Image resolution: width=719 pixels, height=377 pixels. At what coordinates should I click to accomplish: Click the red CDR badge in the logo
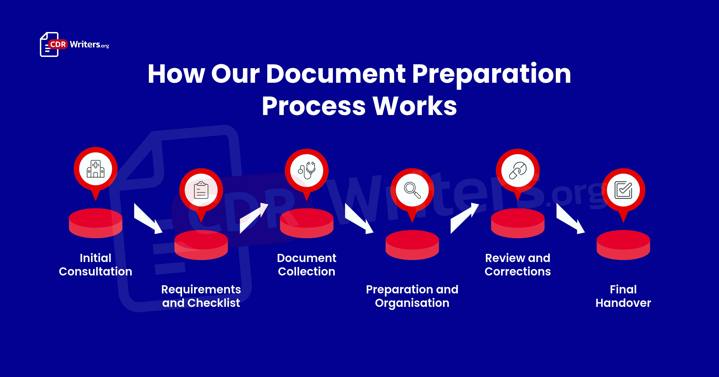tap(58, 44)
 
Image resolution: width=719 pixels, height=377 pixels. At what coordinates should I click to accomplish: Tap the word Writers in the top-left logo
tap(85, 44)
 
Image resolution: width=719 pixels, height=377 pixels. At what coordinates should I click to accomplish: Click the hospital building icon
tap(95, 169)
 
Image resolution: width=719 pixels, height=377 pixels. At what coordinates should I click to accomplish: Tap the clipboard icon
tap(201, 190)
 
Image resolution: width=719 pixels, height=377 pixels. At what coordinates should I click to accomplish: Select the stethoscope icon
tap(307, 170)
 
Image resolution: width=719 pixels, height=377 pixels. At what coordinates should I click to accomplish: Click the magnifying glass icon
tap(412, 190)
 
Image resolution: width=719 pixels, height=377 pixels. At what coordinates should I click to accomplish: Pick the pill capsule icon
tap(518, 170)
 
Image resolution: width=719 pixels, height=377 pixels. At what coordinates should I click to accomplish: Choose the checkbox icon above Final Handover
tap(623, 190)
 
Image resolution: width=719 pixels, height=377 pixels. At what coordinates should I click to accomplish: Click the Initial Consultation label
tap(95, 265)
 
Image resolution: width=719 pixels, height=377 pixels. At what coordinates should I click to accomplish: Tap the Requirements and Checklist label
tap(201, 296)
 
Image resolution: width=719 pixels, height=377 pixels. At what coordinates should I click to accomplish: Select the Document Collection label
tap(307, 265)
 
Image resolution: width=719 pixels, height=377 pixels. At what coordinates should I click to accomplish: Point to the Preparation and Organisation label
tap(412, 296)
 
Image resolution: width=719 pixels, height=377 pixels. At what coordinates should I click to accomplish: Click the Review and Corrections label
tap(518, 265)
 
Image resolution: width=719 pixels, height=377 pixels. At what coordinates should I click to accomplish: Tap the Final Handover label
tap(623, 296)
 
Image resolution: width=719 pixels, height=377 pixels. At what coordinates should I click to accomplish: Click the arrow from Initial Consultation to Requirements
tap(148, 219)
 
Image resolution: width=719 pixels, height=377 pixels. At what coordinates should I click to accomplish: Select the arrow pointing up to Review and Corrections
tap(465, 218)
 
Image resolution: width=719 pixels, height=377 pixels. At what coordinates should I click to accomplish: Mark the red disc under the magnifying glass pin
tap(412, 245)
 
